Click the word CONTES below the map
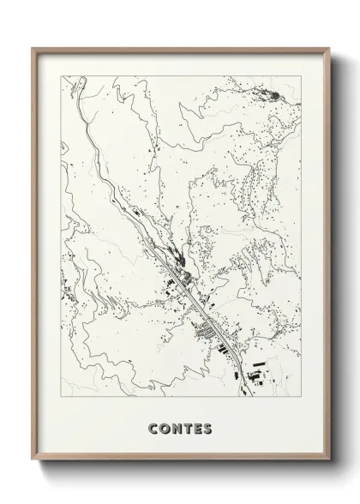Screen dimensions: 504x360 (x=180, y=427)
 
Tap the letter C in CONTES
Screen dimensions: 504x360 (x=153, y=427)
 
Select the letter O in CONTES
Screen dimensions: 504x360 (x=164, y=427)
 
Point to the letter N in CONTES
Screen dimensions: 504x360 (x=176, y=427)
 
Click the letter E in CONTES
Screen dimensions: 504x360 (x=197, y=427)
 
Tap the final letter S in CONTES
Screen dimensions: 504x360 (x=207, y=427)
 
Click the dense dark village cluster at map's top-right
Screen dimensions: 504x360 (x=268, y=93)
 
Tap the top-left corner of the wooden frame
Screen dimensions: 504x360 (x=33, y=47)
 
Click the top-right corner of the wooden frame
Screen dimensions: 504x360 (x=327, y=47)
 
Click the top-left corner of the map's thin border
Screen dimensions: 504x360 (x=63, y=75)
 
